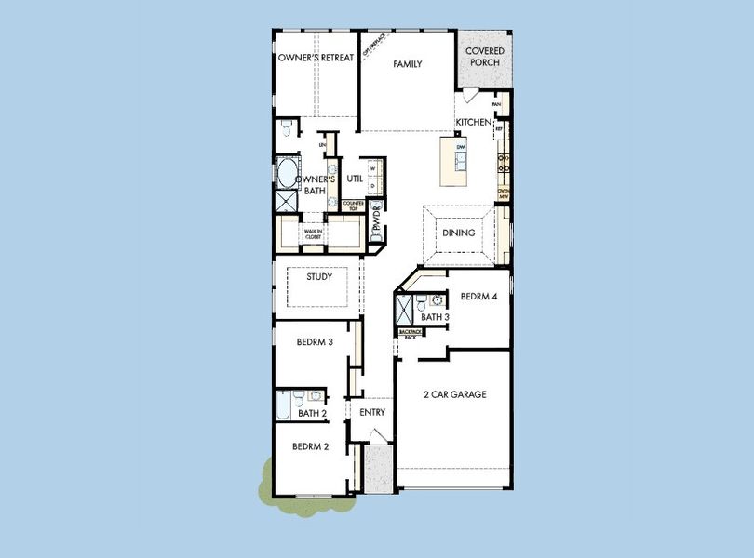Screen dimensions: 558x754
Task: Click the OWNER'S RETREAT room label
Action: click(316, 58)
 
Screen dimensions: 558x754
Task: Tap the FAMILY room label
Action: click(407, 64)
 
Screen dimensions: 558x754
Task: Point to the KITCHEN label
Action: click(473, 123)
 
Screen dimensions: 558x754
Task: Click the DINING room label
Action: click(458, 233)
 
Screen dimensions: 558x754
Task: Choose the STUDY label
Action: click(320, 276)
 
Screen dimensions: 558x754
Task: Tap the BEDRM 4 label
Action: click(479, 297)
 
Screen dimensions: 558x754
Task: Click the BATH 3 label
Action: click(436, 318)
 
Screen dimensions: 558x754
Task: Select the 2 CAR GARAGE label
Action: click(455, 394)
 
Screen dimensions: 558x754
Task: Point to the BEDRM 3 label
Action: click(315, 342)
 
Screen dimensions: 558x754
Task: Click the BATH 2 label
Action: click(312, 413)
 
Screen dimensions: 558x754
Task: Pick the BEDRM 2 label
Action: click(311, 446)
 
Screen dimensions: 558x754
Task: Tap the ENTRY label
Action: click(372, 412)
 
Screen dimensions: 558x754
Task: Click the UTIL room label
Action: click(355, 179)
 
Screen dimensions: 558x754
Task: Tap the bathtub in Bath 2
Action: click(282, 407)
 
